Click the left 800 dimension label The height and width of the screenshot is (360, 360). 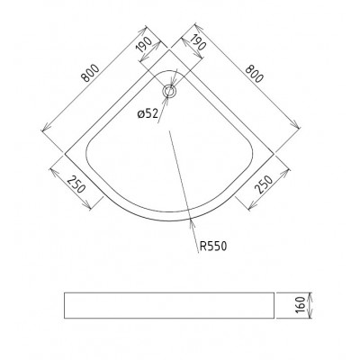point(91,73)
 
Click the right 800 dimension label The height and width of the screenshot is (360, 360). point(254,74)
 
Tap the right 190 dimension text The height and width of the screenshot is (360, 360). point(196,42)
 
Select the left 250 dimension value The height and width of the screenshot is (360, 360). point(76,184)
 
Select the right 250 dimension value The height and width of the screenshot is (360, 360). point(264,184)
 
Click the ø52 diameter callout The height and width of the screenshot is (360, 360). point(148,114)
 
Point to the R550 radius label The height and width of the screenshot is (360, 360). point(213,247)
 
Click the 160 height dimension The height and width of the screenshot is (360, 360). point(300,305)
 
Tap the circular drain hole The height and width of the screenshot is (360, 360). point(170,91)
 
